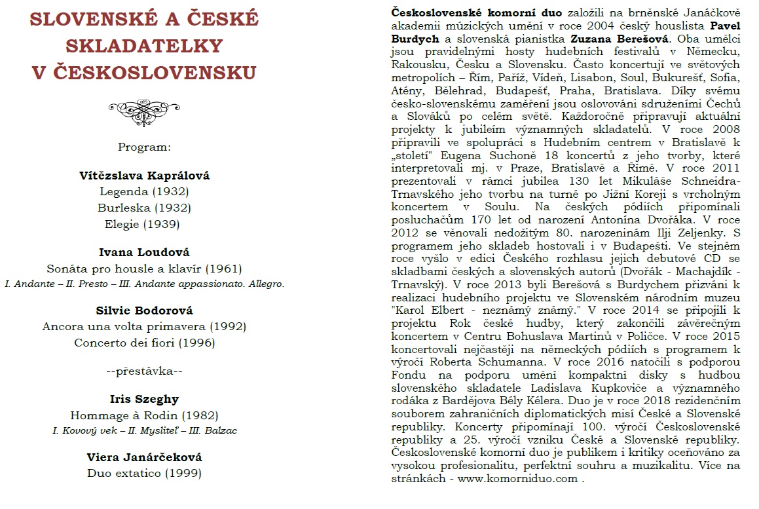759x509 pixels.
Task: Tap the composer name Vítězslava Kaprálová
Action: pos(144,176)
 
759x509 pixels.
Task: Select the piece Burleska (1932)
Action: pos(144,208)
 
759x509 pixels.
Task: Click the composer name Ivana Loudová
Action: pos(144,252)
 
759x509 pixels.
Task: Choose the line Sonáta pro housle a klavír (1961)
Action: pos(144,269)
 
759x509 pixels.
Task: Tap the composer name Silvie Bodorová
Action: pos(144,310)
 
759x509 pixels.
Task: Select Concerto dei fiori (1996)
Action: pos(144,342)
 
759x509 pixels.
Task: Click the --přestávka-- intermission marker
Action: pos(144,371)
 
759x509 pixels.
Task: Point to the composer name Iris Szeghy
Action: pos(144,399)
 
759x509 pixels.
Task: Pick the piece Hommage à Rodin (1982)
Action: pos(144,415)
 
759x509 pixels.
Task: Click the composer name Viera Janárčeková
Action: pos(144,457)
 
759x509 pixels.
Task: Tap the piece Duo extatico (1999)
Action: pos(144,472)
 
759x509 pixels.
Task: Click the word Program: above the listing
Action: pos(144,147)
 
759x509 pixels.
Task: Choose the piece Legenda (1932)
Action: pos(144,192)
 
